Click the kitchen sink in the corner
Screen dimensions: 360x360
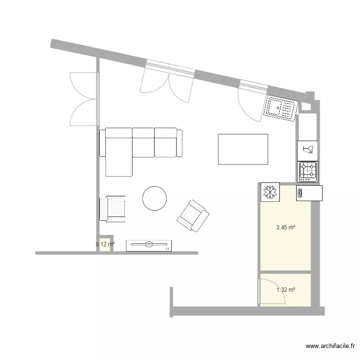(x=281, y=108)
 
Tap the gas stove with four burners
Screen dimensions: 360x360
(x=308, y=171)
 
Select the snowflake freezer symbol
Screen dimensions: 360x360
(x=269, y=192)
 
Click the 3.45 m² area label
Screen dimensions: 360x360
(x=286, y=228)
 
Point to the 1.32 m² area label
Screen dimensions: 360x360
(x=286, y=289)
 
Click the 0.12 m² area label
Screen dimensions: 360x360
(x=105, y=244)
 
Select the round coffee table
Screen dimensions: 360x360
(x=155, y=198)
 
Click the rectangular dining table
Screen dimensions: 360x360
(x=243, y=149)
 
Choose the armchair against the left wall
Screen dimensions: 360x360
(x=113, y=209)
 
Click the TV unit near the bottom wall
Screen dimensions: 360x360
(x=149, y=245)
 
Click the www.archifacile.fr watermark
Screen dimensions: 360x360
(x=330, y=346)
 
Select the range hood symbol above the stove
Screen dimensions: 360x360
(x=308, y=149)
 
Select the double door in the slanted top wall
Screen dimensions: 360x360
(x=168, y=84)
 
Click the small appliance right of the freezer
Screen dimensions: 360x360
(x=310, y=193)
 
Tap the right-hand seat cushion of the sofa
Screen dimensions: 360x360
(x=166, y=142)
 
